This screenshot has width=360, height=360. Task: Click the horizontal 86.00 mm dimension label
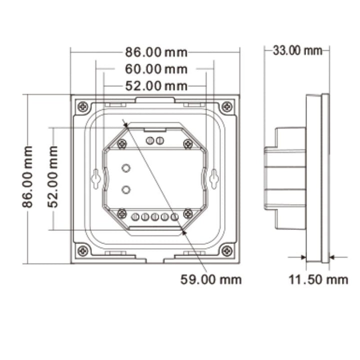pyautogui.click(x=156, y=52)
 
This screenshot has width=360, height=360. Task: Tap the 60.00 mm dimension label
pyautogui.click(x=156, y=69)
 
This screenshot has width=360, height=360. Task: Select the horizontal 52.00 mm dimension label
pyautogui.click(x=156, y=86)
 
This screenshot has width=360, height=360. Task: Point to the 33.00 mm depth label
pyautogui.click(x=297, y=50)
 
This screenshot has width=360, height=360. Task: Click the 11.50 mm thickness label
pyautogui.click(x=318, y=279)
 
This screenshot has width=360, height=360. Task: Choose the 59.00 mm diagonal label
pyautogui.click(x=211, y=279)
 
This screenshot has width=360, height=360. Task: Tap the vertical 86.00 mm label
pyautogui.click(x=27, y=177)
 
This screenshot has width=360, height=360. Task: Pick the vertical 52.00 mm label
pyautogui.click(x=53, y=177)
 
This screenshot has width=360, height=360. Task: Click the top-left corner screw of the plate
pyautogui.click(x=82, y=107)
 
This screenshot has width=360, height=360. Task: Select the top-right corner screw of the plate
pyautogui.click(x=227, y=107)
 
